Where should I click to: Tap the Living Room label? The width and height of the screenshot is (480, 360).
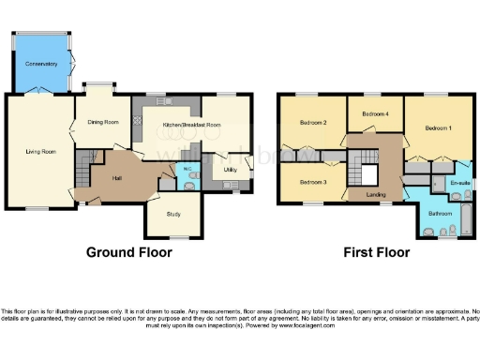click(41, 151)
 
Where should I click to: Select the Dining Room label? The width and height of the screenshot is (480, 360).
click(103, 122)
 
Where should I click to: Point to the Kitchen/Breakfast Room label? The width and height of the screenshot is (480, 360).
click(191, 125)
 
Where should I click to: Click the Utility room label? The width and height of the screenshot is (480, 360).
click(231, 170)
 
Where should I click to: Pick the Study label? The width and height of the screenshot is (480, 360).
click(172, 214)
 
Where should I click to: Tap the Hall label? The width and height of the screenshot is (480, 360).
click(119, 177)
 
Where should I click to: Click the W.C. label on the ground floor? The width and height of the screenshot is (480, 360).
click(187, 169)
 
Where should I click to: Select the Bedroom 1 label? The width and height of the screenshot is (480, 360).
click(438, 127)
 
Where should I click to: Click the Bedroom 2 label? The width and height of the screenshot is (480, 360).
click(313, 123)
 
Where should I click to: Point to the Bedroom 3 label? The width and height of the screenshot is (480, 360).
click(313, 181)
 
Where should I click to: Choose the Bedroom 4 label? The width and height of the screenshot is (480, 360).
click(376, 114)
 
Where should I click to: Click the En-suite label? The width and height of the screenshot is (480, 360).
click(459, 182)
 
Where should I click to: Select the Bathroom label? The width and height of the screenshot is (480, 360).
click(440, 213)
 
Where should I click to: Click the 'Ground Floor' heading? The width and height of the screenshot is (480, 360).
click(130, 252)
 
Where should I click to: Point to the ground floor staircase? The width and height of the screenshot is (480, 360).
click(82, 172)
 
